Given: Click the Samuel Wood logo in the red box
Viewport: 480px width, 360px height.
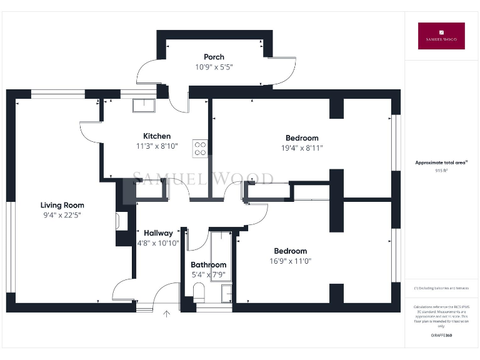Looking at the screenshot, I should (441, 36).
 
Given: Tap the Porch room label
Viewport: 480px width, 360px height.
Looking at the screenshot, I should (214, 57).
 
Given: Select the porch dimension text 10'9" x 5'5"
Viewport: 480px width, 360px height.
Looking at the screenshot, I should (214, 67).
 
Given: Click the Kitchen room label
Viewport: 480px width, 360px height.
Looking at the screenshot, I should (157, 136).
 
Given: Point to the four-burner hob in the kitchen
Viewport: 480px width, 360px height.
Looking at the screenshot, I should (201, 147).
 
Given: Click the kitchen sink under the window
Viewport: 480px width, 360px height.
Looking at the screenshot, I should (143, 106).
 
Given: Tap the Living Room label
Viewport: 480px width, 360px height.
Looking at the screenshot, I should (62, 205).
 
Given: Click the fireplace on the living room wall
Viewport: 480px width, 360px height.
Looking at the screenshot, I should (121, 221).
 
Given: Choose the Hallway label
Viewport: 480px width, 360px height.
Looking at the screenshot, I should (158, 233).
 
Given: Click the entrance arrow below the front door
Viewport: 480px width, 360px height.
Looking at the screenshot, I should (167, 314).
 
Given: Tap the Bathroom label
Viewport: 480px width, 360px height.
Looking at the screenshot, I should (208, 265).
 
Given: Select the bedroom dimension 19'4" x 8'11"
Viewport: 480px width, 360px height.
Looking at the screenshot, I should (302, 148).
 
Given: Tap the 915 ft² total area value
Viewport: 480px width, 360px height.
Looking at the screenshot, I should (441, 170).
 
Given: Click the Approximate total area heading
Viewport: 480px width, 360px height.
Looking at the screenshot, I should (441, 162).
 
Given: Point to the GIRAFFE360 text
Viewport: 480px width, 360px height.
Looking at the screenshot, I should (441, 336).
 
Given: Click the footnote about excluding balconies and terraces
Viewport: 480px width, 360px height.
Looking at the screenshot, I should (441, 288).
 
